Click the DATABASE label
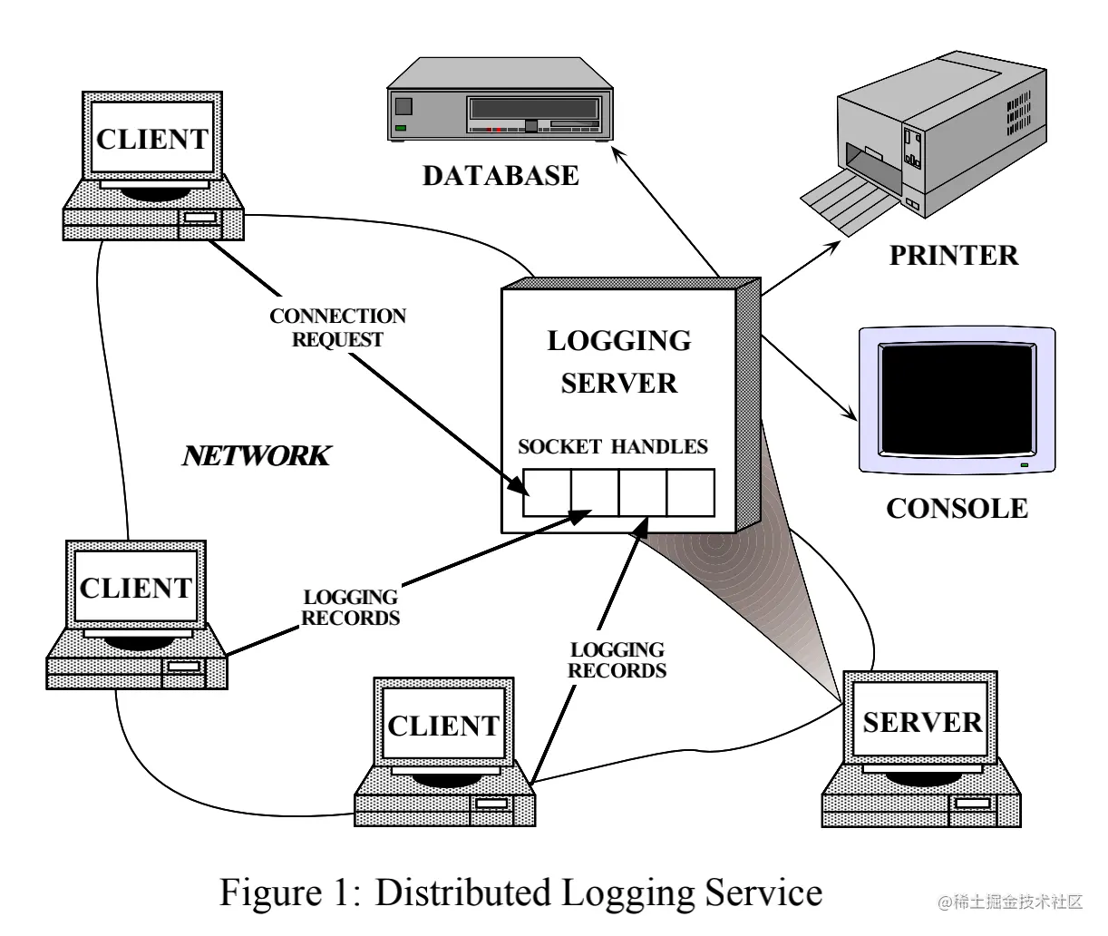coord(500,175)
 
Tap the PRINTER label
coord(953,255)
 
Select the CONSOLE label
coord(957,508)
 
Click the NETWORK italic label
coord(256,455)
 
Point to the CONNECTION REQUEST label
coord(337,327)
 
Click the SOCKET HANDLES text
coord(612,446)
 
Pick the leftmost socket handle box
coord(547,492)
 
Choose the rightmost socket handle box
coord(691,492)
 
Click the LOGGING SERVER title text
coord(619,361)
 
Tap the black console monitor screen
coord(958,399)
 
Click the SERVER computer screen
coord(922,722)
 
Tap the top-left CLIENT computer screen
coord(152,139)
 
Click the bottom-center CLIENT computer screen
coord(443,726)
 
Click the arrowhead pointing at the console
coord(850,415)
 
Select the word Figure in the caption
coord(265,892)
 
